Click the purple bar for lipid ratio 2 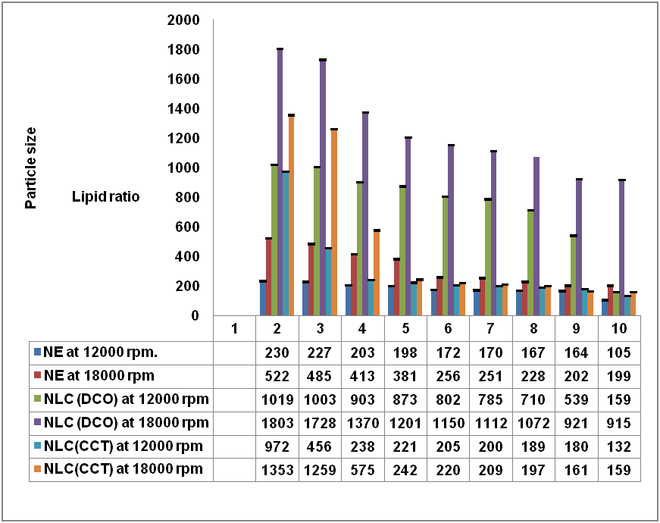(x=280, y=182)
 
